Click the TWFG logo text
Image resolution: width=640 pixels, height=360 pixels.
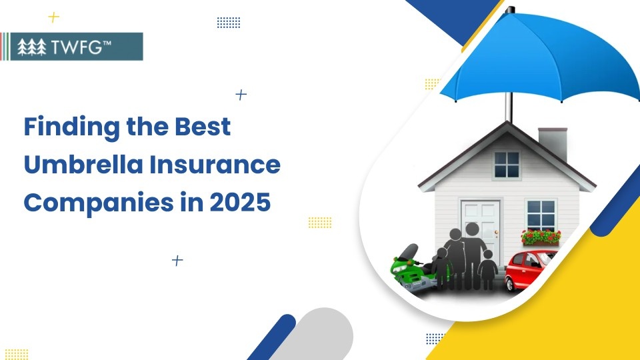83,47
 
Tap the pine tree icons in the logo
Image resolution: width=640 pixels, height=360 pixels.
32,47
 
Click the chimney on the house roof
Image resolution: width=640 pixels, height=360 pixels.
553,143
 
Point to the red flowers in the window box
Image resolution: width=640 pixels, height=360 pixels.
541,237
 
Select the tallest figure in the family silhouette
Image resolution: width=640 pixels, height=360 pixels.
471,253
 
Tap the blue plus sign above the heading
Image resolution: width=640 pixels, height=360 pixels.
241,95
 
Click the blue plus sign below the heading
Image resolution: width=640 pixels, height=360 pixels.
177,260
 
